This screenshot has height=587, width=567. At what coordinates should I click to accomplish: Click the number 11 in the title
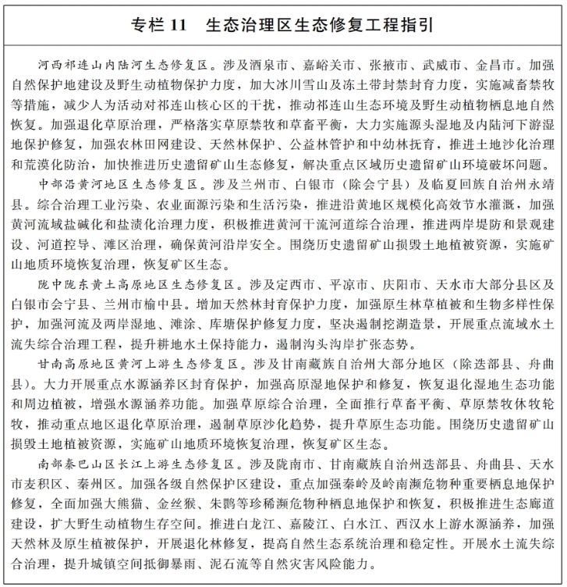coord(176,25)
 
